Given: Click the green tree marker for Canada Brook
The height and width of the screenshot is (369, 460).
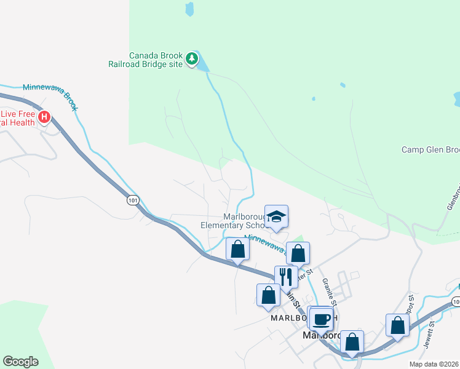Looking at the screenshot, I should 192,59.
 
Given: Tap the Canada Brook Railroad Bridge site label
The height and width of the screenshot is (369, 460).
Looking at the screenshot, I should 154,59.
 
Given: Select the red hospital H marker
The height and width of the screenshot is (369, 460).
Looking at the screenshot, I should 44,117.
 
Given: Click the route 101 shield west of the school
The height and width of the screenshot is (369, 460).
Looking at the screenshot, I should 133,200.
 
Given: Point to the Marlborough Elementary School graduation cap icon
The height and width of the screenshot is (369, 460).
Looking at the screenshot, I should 276,216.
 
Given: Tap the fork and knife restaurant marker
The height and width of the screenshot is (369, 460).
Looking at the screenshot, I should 286,277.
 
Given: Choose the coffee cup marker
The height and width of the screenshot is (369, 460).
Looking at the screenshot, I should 321,319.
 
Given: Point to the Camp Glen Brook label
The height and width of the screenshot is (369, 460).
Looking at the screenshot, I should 430,149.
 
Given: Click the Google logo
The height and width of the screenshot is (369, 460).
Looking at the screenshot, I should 20,362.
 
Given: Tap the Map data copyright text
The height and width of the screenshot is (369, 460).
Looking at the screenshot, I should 433,364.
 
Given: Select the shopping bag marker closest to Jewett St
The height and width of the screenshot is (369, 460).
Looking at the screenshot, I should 397,326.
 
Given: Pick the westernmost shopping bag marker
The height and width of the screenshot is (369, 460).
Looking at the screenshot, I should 238,250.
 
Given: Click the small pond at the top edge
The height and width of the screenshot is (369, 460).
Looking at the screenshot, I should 189,9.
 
